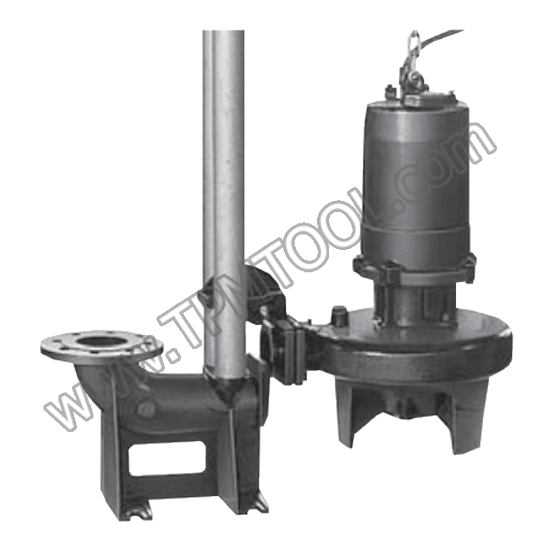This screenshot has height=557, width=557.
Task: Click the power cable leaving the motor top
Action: point(446,36)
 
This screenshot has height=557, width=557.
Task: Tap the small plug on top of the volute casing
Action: point(338,312)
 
